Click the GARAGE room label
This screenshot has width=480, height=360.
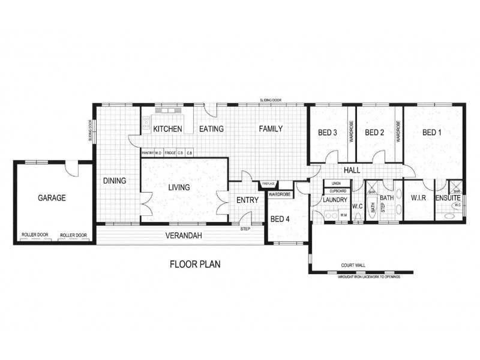pos(51,197)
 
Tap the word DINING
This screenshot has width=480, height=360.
pos(114,181)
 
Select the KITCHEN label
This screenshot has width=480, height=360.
pos(167,129)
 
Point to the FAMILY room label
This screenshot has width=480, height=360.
pos(271,129)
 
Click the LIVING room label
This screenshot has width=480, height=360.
pos(179,188)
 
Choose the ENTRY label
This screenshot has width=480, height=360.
pos(247,200)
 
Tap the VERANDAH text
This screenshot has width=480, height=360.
pos(184,236)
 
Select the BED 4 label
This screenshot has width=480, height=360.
pos(280,220)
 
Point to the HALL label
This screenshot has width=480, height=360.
pos(352,170)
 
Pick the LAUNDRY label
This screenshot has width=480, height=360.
pos(335,200)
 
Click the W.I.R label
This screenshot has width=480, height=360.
pos(418,197)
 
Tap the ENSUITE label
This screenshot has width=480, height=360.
pos(448,197)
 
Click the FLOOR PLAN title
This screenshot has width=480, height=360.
pos(195,264)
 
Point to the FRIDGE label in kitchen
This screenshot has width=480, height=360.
pos(170,153)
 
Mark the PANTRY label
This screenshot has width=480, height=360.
pos(148,153)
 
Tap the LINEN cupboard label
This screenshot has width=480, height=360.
pos(336,183)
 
